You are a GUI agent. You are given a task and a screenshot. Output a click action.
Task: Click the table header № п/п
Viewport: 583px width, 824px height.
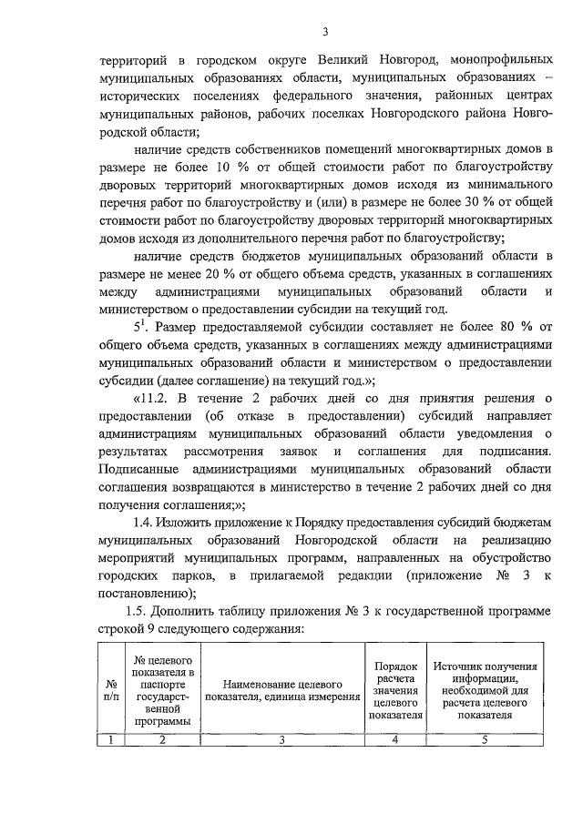110,689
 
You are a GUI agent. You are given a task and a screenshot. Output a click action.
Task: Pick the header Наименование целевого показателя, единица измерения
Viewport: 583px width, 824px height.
281,689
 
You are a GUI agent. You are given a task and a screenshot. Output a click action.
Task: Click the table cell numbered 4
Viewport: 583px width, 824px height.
395,738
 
